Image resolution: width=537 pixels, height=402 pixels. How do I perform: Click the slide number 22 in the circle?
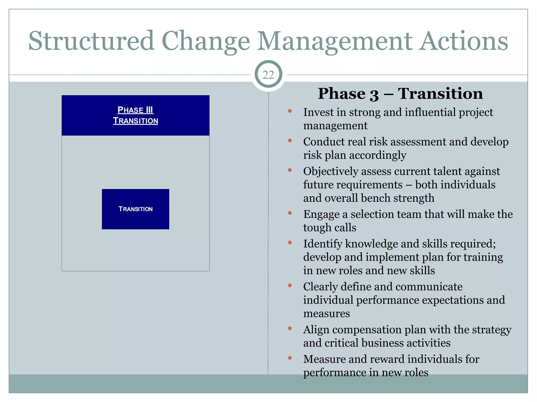coord(268,75)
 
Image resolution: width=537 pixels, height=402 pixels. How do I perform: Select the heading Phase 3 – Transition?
coord(400,93)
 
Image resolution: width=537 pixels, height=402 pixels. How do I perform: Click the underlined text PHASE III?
coord(135,110)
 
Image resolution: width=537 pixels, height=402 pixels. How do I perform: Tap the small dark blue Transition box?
coord(135,209)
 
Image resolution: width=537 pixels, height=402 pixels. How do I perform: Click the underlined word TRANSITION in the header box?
coord(135,121)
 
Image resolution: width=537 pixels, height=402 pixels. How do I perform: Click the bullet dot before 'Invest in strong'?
coord(290,111)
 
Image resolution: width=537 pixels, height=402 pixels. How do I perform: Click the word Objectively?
coord(331,171)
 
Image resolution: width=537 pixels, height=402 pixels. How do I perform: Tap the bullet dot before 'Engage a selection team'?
coord(290,213)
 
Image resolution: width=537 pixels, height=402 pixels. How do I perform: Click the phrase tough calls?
coord(330,228)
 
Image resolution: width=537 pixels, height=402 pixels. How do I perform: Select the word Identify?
coord(323,244)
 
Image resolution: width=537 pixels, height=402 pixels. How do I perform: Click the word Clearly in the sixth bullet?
coord(320,287)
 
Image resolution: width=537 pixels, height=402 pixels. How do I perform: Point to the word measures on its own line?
coord(326,314)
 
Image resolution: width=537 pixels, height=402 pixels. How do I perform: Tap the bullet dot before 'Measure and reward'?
coord(290,358)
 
